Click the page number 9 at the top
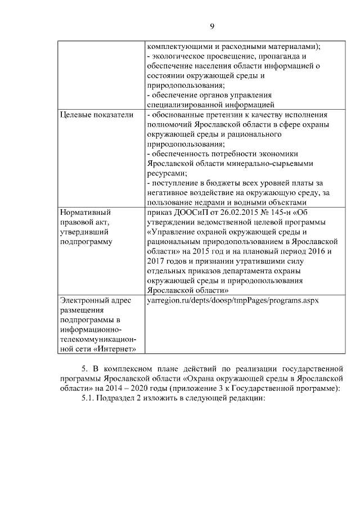(x=212, y=26)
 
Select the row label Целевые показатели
(x=97, y=115)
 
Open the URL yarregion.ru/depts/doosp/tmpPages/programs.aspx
(x=232, y=300)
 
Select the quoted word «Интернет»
(x=116, y=349)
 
